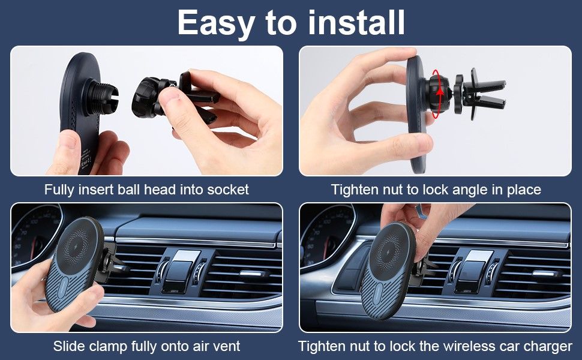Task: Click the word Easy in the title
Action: [215, 23]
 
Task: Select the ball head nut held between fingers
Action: [148, 97]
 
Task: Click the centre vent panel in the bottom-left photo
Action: [180, 271]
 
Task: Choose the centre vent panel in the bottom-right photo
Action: [473, 271]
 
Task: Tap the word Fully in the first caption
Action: [59, 190]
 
